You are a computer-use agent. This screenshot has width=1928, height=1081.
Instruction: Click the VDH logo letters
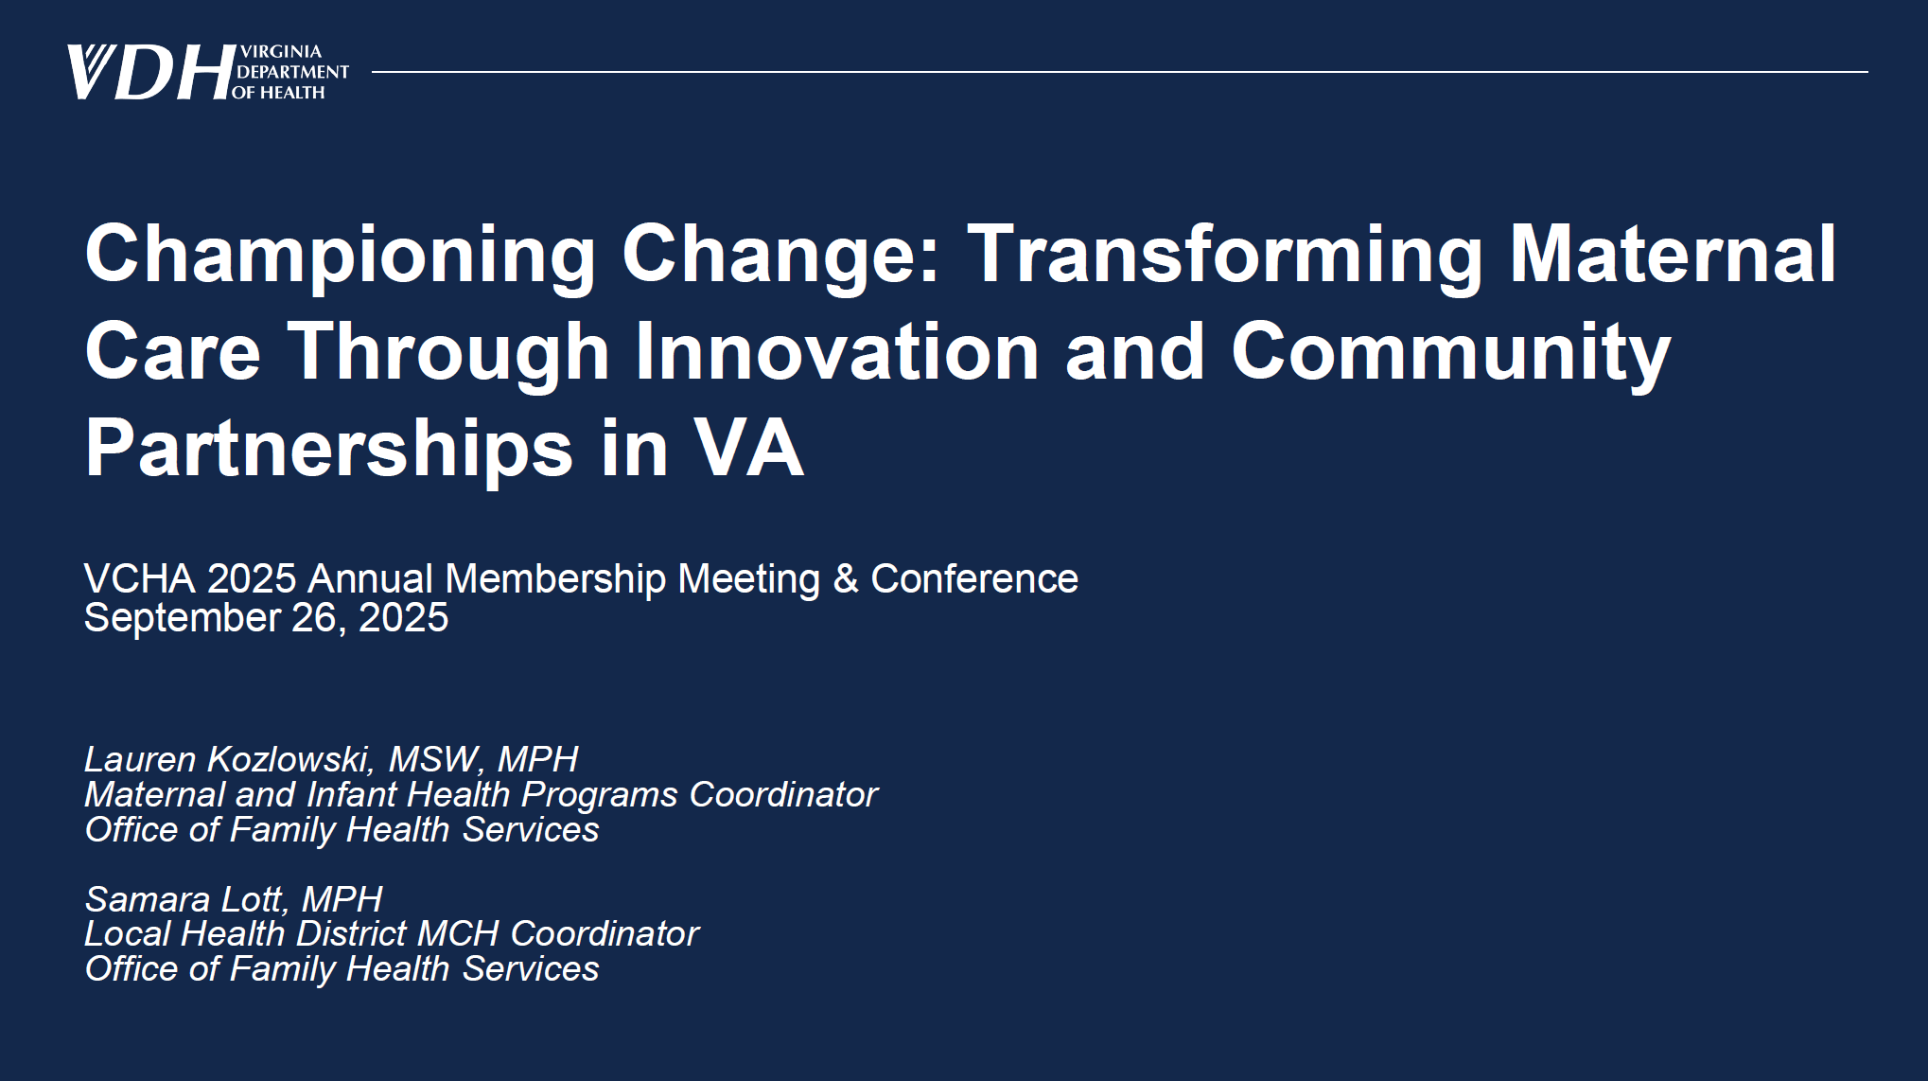pos(150,73)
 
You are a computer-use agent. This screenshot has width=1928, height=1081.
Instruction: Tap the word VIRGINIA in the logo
pos(281,51)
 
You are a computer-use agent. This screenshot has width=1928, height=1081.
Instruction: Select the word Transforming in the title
pos(1225,256)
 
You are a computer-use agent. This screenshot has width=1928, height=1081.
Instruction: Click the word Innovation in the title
pos(837,351)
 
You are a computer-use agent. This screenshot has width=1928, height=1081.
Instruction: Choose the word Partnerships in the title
pos(329,450)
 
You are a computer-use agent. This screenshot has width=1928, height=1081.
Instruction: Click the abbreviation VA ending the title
pos(748,448)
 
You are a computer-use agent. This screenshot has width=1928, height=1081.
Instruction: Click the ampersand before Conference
pos(845,578)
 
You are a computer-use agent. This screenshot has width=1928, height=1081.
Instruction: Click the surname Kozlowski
pos(290,759)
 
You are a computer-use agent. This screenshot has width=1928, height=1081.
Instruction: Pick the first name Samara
pos(147,898)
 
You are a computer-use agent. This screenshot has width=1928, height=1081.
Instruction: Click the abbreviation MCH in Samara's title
pos(458,933)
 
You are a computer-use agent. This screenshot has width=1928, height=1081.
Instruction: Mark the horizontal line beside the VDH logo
pos(1120,71)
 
